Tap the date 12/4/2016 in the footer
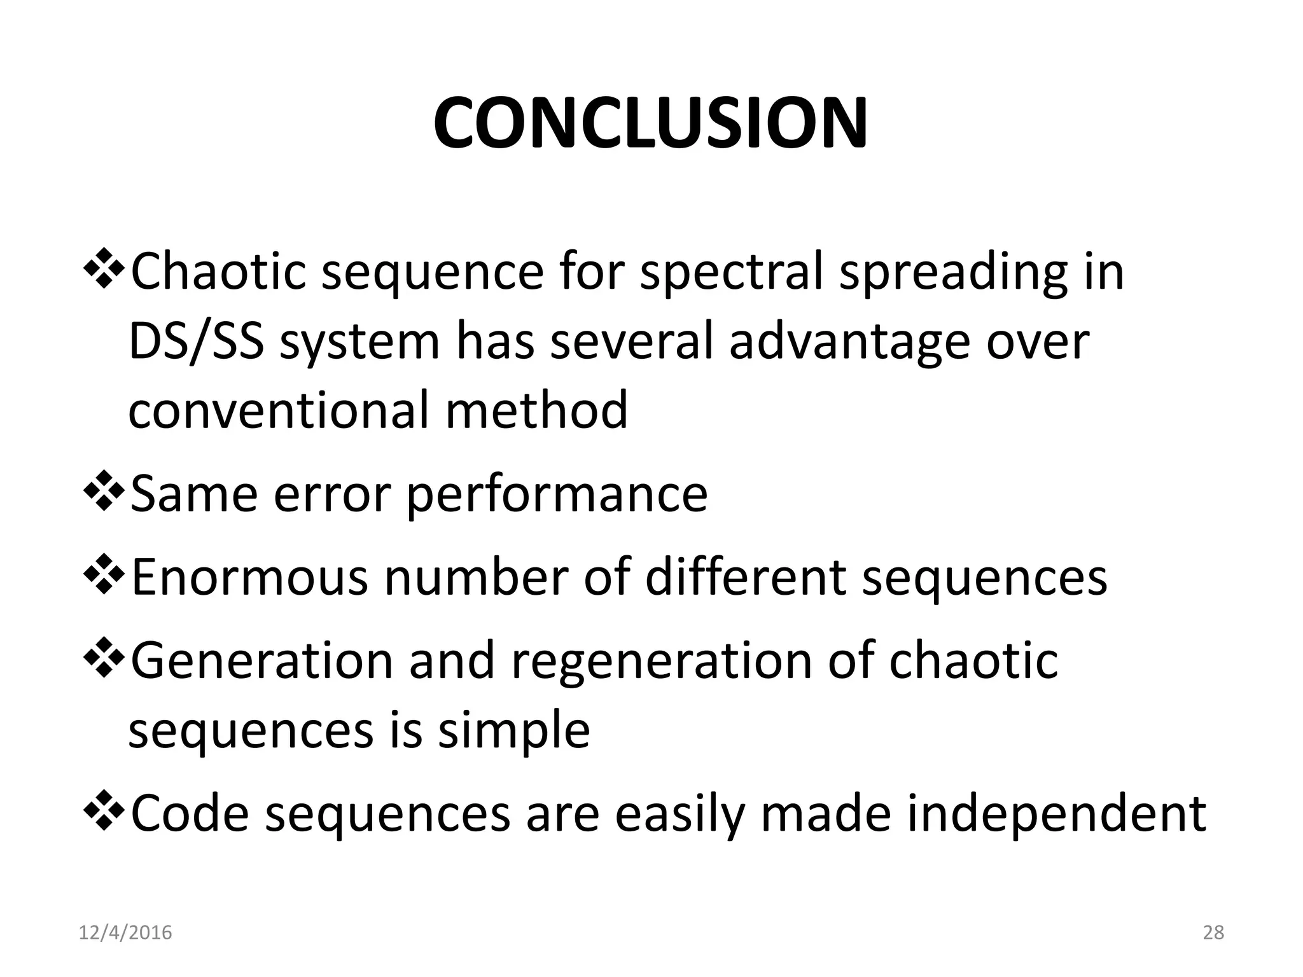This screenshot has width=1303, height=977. pyautogui.click(x=125, y=932)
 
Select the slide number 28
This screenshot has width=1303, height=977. pyautogui.click(x=1213, y=932)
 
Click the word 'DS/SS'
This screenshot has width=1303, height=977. pyautogui.click(x=196, y=342)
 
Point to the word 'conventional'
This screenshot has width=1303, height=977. pyautogui.click(x=278, y=410)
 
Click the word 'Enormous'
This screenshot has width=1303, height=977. pyautogui.click(x=249, y=577)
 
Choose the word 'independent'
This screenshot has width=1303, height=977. pyautogui.click(x=1056, y=814)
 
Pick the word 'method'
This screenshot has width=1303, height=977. pyautogui.click(x=536, y=410)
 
